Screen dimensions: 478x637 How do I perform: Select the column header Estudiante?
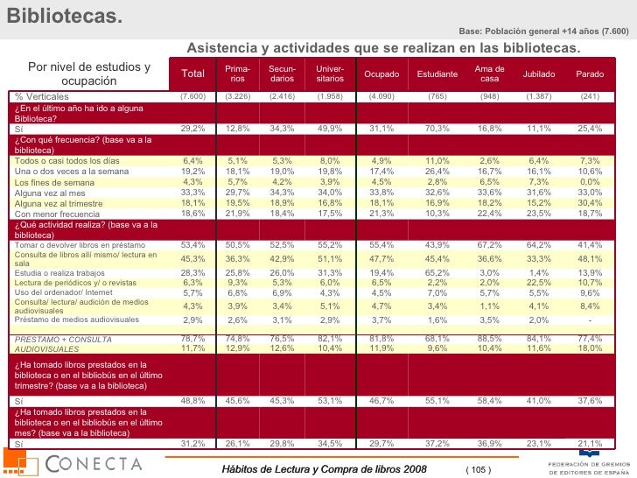(x=437, y=74)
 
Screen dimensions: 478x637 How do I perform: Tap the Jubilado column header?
(x=538, y=74)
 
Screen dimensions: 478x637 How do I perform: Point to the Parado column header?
(x=590, y=74)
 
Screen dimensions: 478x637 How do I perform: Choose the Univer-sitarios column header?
(x=330, y=74)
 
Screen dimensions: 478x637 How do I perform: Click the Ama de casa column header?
(x=489, y=74)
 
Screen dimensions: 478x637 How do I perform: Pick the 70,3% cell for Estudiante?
(x=437, y=129)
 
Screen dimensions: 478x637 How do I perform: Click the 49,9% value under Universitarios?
(x=330, y=129)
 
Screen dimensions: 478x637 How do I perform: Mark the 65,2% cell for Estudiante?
(x=437, y=272)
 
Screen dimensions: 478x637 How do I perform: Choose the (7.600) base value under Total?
(x=192, y=96)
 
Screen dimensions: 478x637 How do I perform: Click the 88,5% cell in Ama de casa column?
(x=489, y=339)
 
